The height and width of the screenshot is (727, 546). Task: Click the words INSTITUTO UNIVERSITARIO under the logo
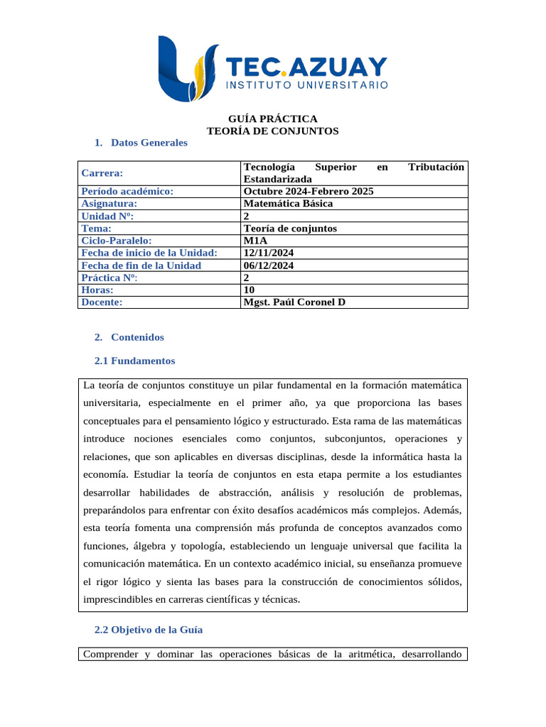pos(307,85)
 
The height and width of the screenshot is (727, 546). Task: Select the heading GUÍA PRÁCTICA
pos(272,119)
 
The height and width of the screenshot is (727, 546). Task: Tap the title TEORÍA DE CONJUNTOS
pos(272,131)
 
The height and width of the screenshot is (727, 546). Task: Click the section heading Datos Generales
pos(149,143)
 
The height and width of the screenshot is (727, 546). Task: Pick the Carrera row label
pos(102,173)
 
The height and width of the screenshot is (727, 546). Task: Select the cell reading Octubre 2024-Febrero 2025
pos(308,191)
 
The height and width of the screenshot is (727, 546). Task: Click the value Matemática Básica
pos(288,203)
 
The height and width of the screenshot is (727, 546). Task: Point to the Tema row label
pos(97,228)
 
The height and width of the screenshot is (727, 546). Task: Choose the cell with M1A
pos(255,241)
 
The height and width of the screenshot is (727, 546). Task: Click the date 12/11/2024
pos(269,253)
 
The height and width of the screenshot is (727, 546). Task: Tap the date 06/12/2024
pos(269,266)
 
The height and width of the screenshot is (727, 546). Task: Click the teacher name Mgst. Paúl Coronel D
pos(294,302)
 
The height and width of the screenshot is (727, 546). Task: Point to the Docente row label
pos(102,302)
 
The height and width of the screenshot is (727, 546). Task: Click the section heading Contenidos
pos(137,337)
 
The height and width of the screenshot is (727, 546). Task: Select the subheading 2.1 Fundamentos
pos(134,361)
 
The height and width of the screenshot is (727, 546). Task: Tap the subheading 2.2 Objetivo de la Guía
pos(149,630)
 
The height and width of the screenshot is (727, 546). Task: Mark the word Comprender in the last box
pos(110,654)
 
